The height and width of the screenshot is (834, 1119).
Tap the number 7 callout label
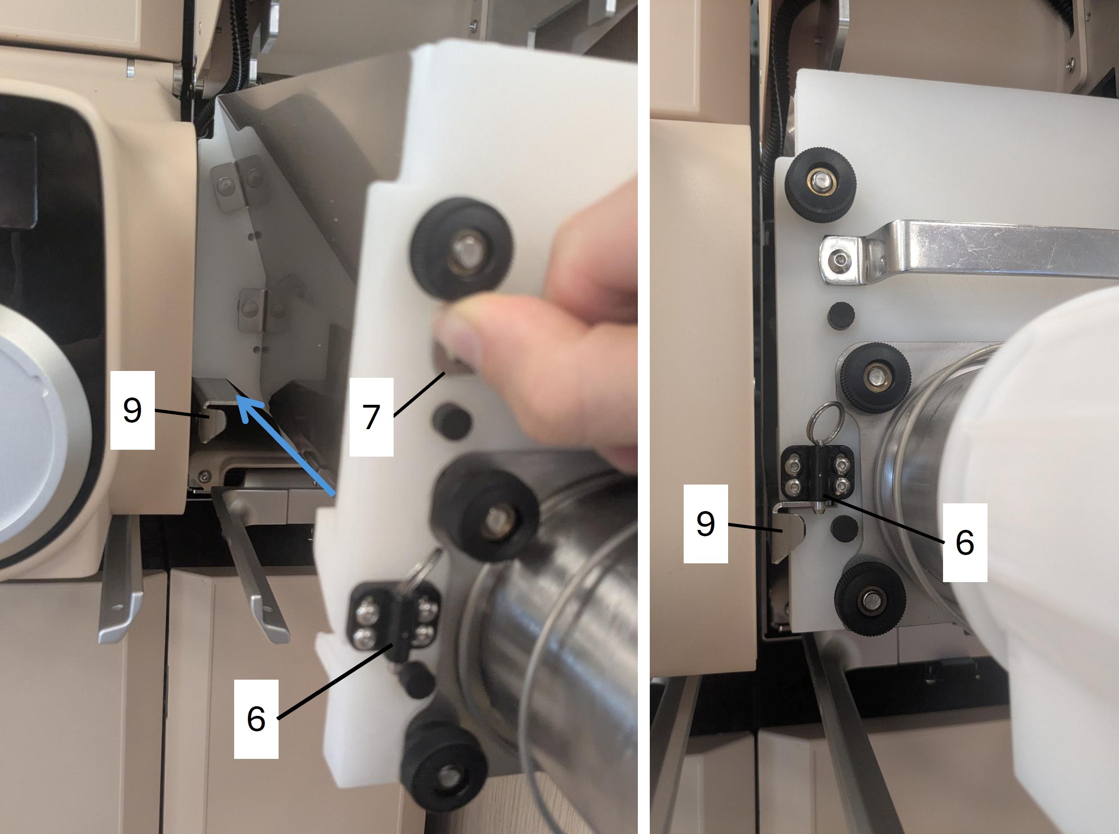click(x=371, y=417)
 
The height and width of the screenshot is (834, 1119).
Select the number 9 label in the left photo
click(x=132, y=410)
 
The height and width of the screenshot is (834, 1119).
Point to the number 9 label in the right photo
click(x=705, y=523)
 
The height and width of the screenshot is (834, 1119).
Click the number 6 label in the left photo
click(x=256, y=719)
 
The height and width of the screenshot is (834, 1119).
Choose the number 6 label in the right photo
click(x=965, y=543)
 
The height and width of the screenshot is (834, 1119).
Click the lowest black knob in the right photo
click(x=870, y=599)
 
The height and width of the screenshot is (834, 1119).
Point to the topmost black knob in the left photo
click(x=462, y=249)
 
